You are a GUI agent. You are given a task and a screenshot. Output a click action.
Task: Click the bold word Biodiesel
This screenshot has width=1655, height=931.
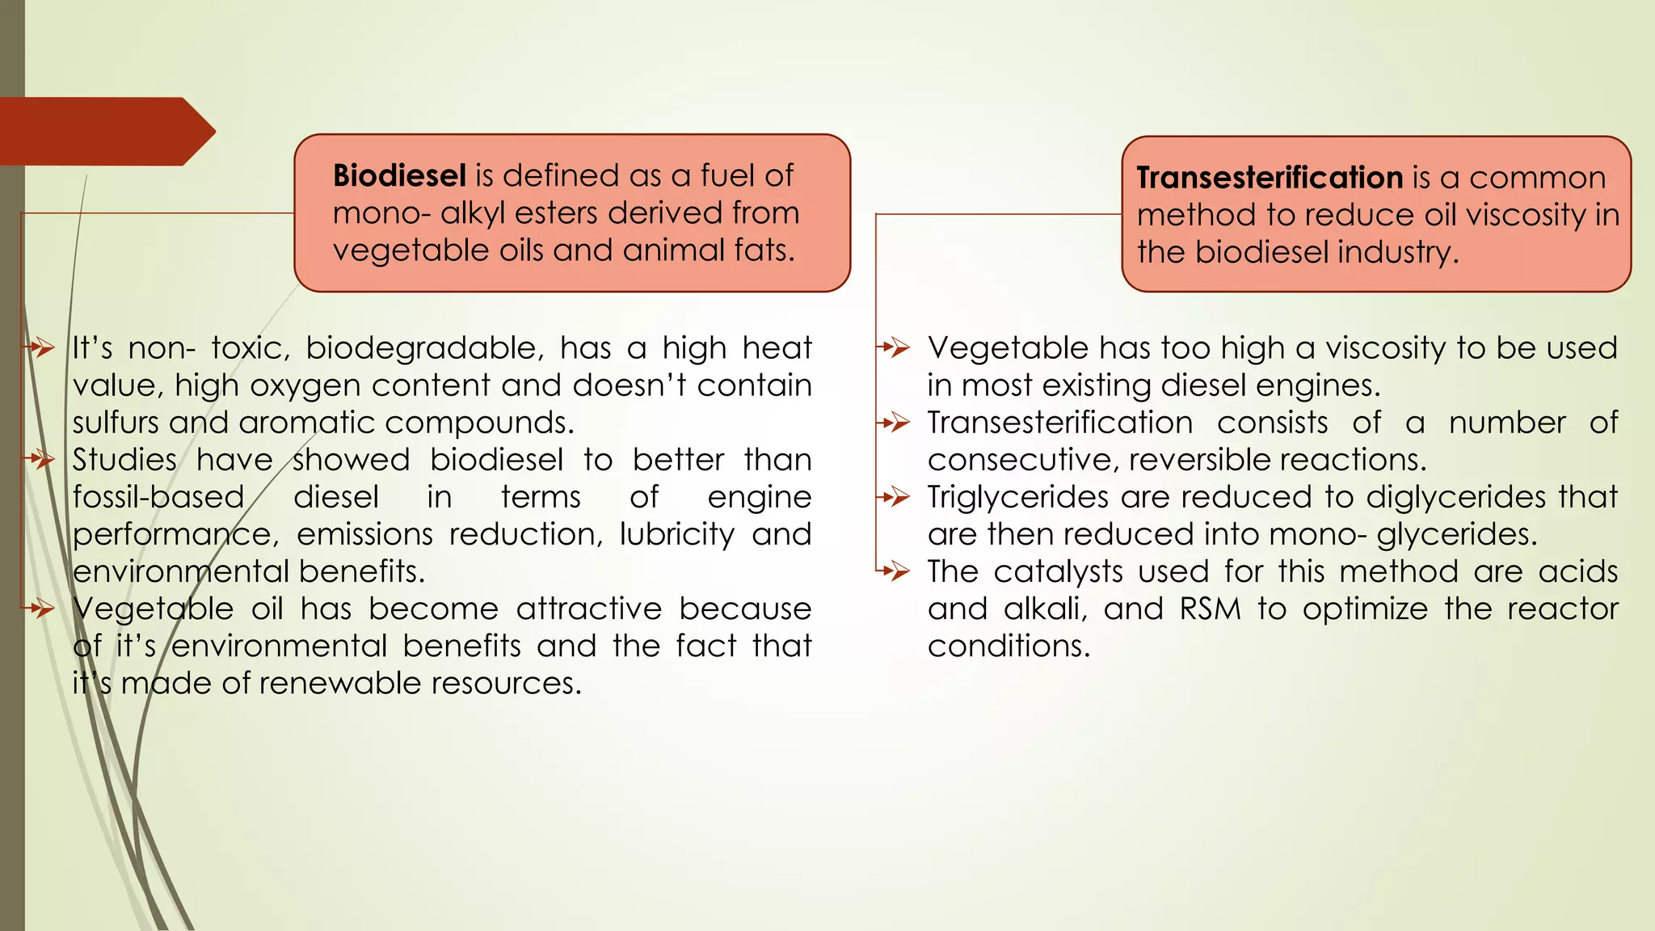pos(399,175)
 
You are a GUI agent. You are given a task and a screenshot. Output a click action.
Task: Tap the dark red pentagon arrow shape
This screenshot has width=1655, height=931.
pos(105,132)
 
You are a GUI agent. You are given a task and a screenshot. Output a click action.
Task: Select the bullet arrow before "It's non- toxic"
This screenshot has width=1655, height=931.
pos(40,348)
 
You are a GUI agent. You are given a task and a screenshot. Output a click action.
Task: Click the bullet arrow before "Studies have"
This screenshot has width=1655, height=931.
pos(40,460)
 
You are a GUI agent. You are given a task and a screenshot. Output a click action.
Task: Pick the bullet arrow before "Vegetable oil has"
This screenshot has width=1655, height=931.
pos(40,609)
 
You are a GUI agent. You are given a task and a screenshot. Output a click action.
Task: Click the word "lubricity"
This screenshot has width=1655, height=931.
pos(677,534)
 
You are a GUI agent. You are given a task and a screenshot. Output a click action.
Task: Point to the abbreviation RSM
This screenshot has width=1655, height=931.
pos(1210,609)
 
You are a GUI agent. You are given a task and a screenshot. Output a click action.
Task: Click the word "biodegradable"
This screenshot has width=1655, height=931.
pos(420,348)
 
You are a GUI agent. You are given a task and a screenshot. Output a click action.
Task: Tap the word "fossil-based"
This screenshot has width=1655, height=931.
pos(158,497)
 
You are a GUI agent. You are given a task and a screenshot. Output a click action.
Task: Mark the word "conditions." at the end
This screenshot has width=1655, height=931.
pos(1009,646)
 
